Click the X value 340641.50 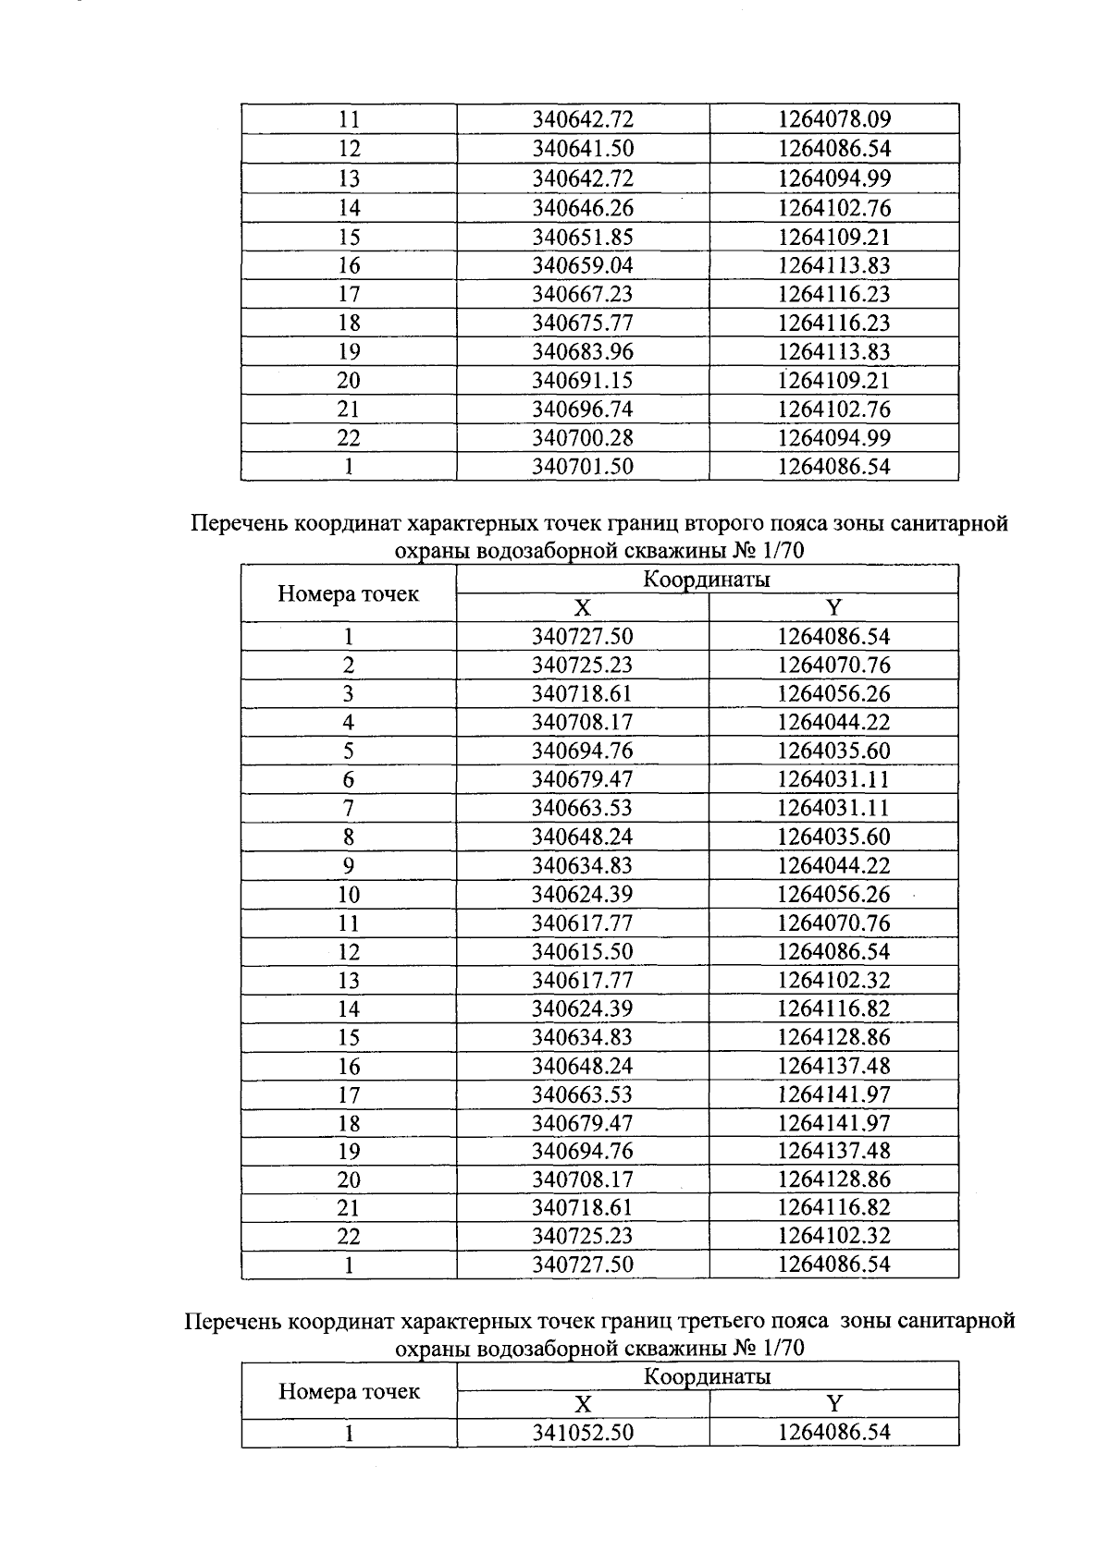pyautogui.click(x=583, y=149)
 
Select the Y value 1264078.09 pyautogui.click(x=833, y=119)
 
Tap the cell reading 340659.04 pyautogui.click(x=583, y=265)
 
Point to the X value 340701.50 pyautogui.click(x=583, y=467)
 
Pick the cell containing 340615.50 pyautogui.click(x=583, y=951)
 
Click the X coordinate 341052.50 pyautogui.click(x=583, y=1433)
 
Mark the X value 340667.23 pyautogui.click(x=583, y=294)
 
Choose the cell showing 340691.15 pyautogui.click(x=583, y=380)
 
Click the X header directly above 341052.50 pyautogui.click(x=583, y=1405)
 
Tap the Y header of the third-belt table pyautogui.click(x=833, y=1405)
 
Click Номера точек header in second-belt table pyautogui.click(x=349, y=594)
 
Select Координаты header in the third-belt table pyautogui.click(x=708, y=1376)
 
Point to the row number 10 pyautogui.click(x=349, y=894)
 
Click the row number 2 pyautogui.click(x=349, y=665)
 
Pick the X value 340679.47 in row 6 pyautogui.click(x=583, y=779)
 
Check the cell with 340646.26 pyautogui.click(x=583, y=207)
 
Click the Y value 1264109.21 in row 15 pyautogui.click(x=833, y=237)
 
